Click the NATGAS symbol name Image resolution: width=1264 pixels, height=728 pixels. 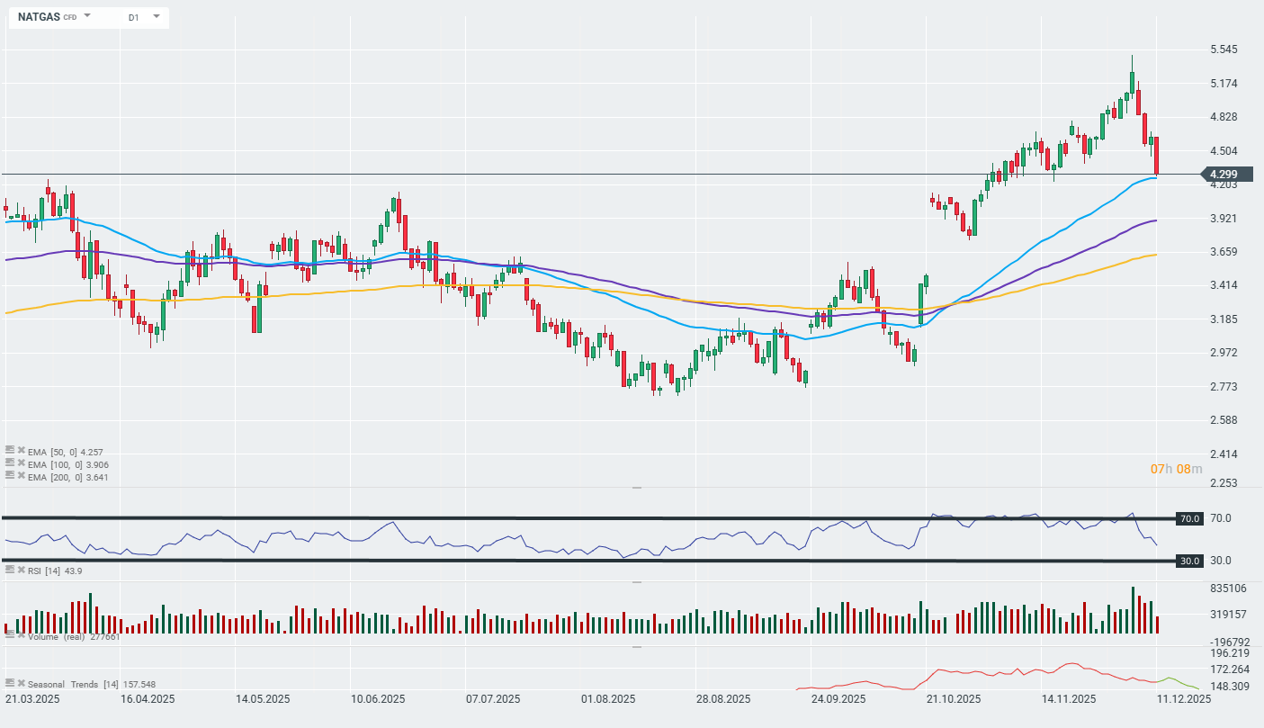39,17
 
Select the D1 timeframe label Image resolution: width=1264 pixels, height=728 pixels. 133,17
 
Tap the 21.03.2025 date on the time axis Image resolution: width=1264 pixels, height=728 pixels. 32,699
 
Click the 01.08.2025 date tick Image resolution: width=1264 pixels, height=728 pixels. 609,699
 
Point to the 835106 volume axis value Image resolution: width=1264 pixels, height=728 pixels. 1227,589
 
